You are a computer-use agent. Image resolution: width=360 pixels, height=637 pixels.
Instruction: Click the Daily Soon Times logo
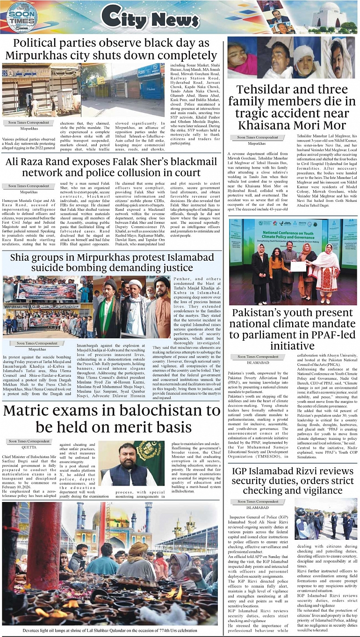[x=22, y=17]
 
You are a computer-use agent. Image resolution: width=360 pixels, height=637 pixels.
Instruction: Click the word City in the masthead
[x=123, y=18]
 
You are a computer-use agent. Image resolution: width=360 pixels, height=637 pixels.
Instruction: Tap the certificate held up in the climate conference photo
[x=297, y=266]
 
